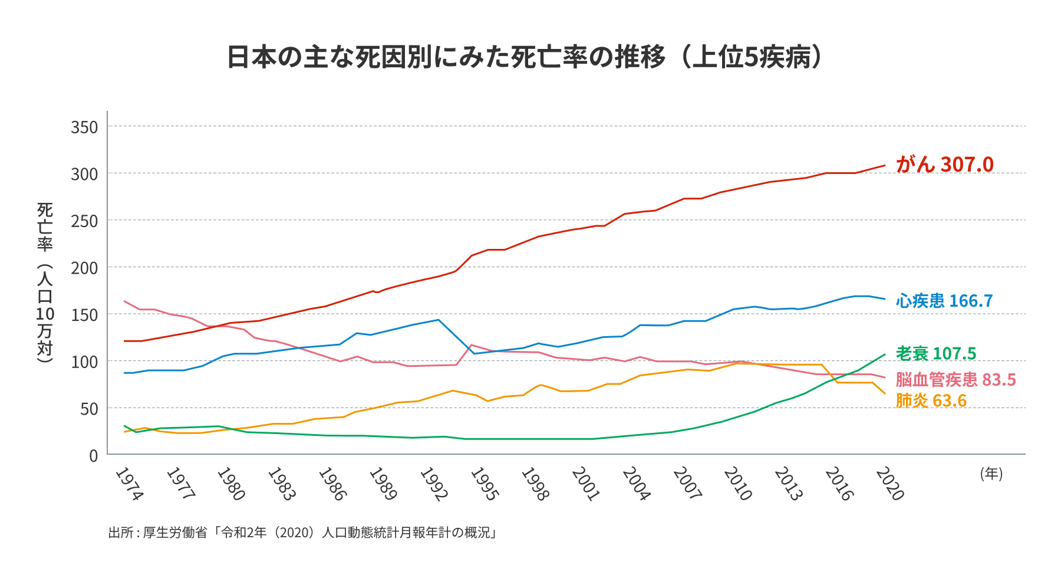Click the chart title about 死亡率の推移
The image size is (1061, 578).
point(525,57)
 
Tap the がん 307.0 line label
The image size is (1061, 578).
point(944,165)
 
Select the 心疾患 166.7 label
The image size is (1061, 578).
point(944,301)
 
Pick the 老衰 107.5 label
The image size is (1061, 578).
point(936,353)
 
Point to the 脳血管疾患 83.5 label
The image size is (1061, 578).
point(955,379)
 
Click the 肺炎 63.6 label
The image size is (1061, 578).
point(931,400)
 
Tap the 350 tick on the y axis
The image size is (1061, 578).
point(84,127)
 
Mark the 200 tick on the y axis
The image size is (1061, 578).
point(84,268)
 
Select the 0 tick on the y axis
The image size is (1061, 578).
point(93,456)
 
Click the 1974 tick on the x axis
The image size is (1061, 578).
point(128,484)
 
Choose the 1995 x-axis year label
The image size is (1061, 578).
point(483,484)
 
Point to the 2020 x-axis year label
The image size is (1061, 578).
point(889,484)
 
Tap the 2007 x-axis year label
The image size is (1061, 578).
point(687,484)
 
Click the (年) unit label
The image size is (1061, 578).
point(991,474)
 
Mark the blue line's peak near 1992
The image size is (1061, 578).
point(439,320)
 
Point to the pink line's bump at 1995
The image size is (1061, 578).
point(471,345)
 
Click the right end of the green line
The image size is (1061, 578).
point(885,354)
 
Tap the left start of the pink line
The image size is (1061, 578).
point(124,301)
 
